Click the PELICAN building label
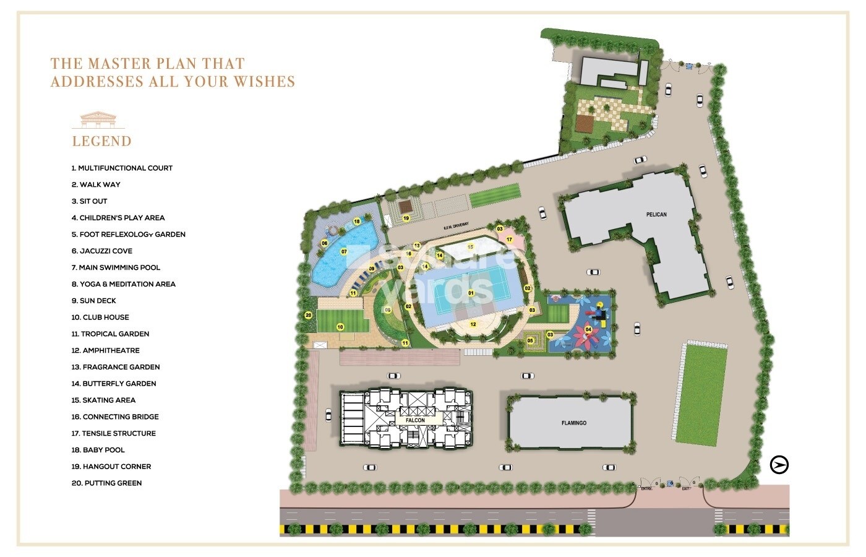pyautogui.click(x=656, y=215)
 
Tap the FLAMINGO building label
pyautogui.click(x=573, y=423)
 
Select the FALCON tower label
pyautogui.click(x=415, y=420)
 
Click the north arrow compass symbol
pyautogui.click(x=779, y=465)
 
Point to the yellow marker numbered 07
pyautogui.click(x=344, y=252)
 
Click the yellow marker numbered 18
pyautogui.click(x=357, y=221)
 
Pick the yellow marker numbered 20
pyautogui.click(x=308, y=315)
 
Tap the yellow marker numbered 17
pyautogui.click(x=509, y=240)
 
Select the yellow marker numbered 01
pyautogui.click(x=471, y=293)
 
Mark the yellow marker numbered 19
pyautogui.click(x=406, y=218)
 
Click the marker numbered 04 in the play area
pyautogui.click(x=588, y=330)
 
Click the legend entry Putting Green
pyautogui.click(x=106, y=483)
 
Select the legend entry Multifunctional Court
pyautogui.click(x=122, y=168)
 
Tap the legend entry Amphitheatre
pyautogui.click(x=105, y=350)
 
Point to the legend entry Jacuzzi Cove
pyautogui.click(x=101, y=251)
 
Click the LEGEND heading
pyautogui.click(x=102, y=141)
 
